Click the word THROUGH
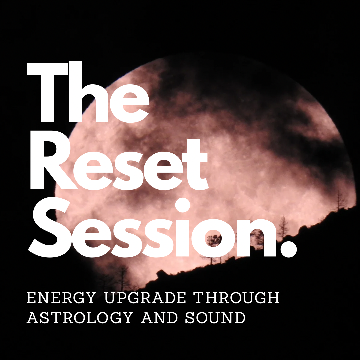click(x=237, y=298)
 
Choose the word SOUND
click(x=215, y=318)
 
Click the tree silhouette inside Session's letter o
click(x=213, y=240)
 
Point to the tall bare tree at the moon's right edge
click(x=340, y=200)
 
